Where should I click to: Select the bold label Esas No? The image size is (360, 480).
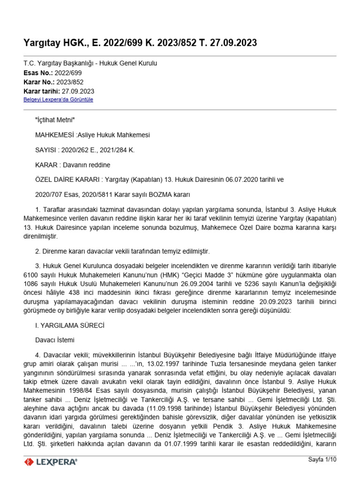click(x=37, y=73)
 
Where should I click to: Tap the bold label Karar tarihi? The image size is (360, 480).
click(x=41, y=91)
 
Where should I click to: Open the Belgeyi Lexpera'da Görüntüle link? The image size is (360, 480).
click(x=58, y=100)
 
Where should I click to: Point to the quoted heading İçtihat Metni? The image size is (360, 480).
click(x=55, y=120)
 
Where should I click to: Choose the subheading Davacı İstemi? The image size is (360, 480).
click(x=54, y=339)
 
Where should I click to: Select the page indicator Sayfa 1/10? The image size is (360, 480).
click(x=322, y=460)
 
